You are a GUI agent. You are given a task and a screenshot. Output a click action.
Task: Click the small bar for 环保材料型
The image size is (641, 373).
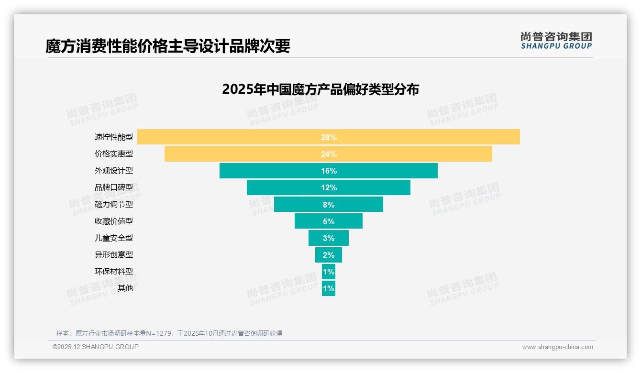click(328, 272)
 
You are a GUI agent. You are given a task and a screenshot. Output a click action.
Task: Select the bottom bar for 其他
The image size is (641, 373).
click(328, 288)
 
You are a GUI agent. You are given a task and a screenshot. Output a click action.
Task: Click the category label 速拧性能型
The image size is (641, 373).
click(113, 137)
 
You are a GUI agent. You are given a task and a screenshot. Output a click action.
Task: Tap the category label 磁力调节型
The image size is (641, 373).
click(113, 204)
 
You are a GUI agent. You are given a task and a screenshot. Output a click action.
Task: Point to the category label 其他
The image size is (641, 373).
click(125, 288)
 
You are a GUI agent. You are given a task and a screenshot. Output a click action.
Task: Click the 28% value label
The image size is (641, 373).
click(329, 137)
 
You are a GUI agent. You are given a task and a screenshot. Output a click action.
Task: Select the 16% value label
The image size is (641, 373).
click(329, 171)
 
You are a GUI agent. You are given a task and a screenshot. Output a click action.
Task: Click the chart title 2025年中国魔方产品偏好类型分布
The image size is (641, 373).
click(320, 89)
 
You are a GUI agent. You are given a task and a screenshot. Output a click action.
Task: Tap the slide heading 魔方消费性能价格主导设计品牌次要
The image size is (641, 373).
click(167, 46)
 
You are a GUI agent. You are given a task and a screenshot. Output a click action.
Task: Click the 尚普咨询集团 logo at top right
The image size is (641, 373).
click(556, 41)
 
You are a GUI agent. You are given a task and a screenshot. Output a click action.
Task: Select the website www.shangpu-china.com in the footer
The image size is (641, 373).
click(557, 347)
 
